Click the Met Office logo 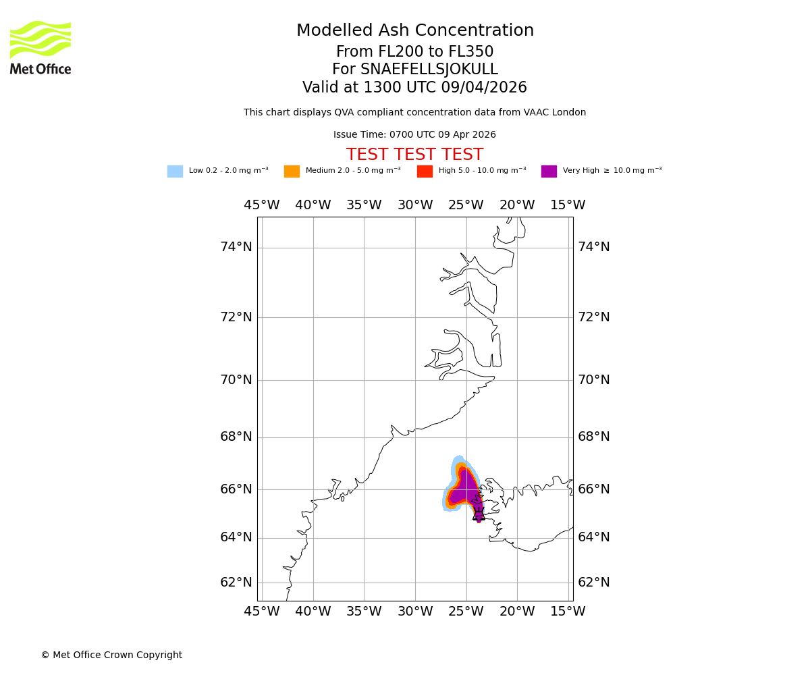click(x=40, y=47)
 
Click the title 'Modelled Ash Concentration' click(x=414, y=31)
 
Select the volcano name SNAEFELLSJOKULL click(x=429, y=70)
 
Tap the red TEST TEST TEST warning click(x=414, y=155)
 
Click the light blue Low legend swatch click(x=175, y=171)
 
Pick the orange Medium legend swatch click(x=292, y=171)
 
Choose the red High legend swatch click(x=425, y=171)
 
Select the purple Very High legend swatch click(x=549, y=171)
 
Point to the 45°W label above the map click(x=262, y=205)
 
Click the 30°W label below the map click(x=414, y=612)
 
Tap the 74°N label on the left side click(x=236, y=247)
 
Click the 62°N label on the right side click(x=593, y=583)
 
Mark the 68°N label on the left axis click(x=236, y=437)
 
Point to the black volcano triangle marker click(x=479, y=515)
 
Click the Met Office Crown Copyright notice click(x=111, y=655)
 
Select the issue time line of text click(x=414, y=135)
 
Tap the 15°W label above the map click(x=568, y=205)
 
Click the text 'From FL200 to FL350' click(x=414, y=52)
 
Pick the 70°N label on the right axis click(x=593, y=380)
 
